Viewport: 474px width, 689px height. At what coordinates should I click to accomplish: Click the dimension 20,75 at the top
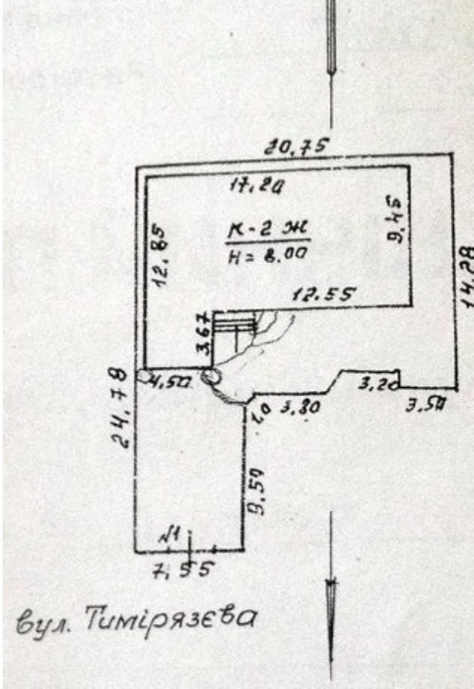[x=297, y=147]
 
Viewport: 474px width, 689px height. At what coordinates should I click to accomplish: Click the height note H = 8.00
[x=267, y=254]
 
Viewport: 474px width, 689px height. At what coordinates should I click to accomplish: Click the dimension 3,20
[x=372, y=385]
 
